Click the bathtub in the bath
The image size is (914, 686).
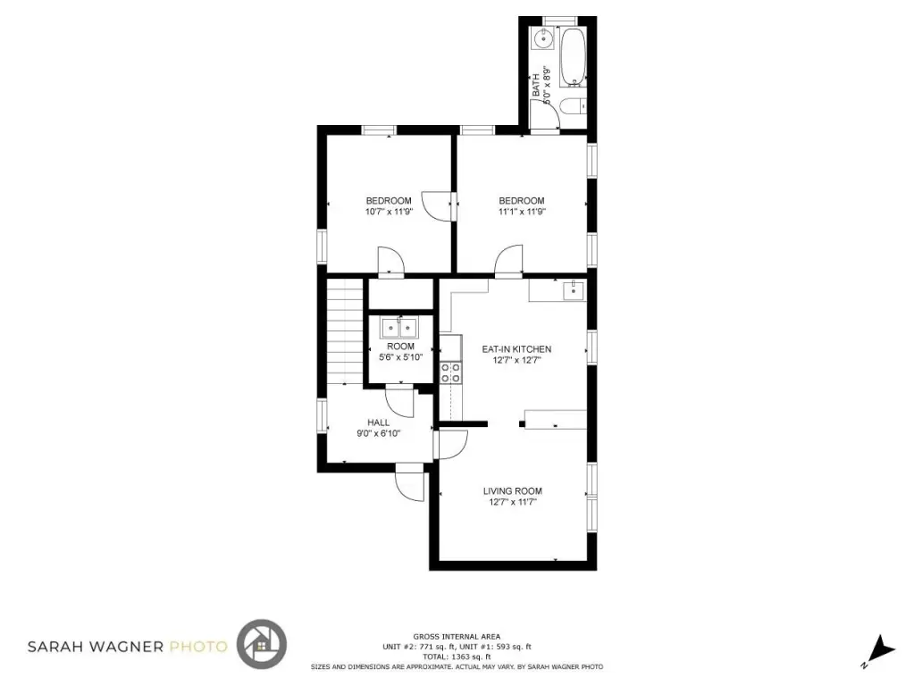coord(573,57)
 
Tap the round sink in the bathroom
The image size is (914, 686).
coord(543,39)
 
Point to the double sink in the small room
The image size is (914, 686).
coord(399,328)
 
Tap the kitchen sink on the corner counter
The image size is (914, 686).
coord(574,289)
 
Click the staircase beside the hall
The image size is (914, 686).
coord(344,331)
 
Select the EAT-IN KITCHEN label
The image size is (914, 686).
coord(516,349)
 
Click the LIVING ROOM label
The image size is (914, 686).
coord(512,490)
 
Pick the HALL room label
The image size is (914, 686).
coord(378,422)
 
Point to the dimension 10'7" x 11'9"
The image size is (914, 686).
coord(389,212)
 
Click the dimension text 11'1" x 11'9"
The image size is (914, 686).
coord(522,212)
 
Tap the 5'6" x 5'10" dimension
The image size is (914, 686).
coord(400,357)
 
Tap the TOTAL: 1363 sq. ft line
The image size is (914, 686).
coord(457,657)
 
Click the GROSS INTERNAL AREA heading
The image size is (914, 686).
coord(457,637)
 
